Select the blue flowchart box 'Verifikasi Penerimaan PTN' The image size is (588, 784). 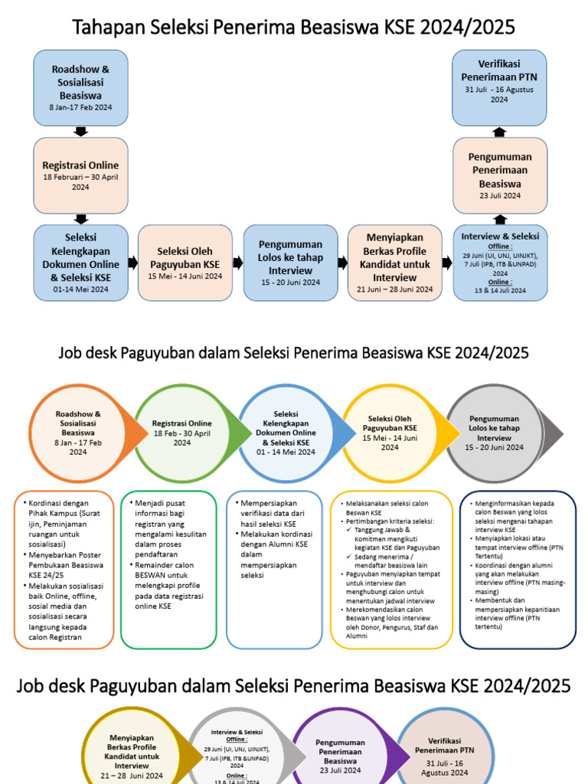click(498, 87)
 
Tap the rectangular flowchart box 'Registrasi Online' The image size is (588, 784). click(80, 175)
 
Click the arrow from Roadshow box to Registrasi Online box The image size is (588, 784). click(80, 132)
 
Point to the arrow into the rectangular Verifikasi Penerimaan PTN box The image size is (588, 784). click(499, 132)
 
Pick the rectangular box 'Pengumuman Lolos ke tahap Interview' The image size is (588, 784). click(290, 263)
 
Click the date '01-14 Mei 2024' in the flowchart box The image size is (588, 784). click(80, 289)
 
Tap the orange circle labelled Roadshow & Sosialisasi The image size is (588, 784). click(78, 433)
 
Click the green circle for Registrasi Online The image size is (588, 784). click(182, 433)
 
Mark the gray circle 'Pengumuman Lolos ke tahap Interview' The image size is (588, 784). click(494, 433)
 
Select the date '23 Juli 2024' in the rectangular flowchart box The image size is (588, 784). click(499, 196)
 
